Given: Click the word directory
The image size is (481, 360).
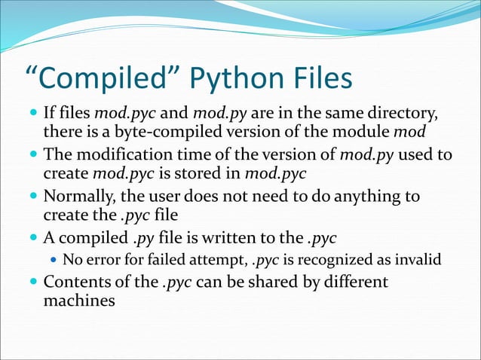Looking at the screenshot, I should click(x=406, y=114).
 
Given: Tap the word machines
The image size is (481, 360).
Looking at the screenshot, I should click(x=79, y=301).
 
